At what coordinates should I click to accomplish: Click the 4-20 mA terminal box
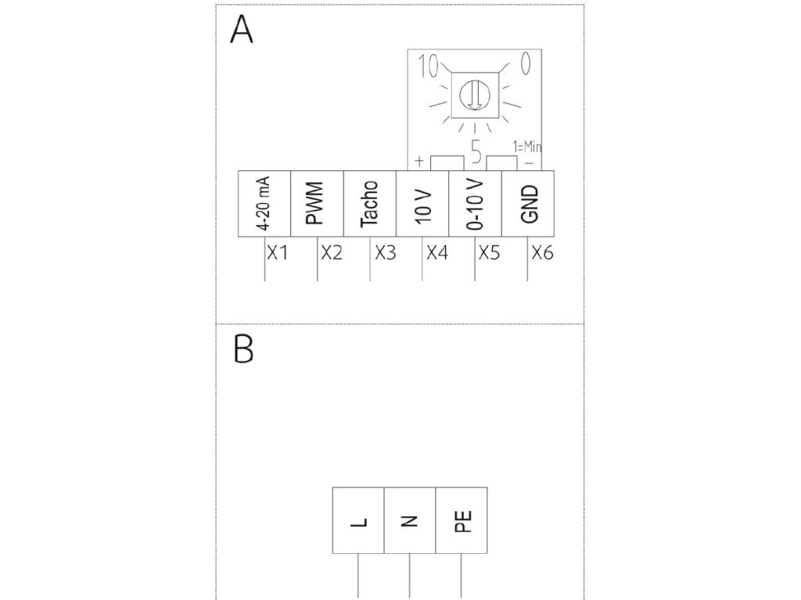point(264,202)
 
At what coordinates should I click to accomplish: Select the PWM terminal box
point(317,202)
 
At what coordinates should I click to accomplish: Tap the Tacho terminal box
point(370,202)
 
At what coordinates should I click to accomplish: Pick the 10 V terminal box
point(422,202)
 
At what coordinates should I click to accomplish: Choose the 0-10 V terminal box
point(475,202)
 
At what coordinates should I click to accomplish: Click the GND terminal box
point(528,202)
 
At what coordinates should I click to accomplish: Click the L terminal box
point(358,520)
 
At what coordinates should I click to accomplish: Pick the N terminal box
point(410,520)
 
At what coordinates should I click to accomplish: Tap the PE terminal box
point(462,520)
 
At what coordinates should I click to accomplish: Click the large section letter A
point(242,31)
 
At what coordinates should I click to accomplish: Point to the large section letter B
point(243,350)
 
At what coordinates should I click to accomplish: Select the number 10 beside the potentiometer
point(428,66)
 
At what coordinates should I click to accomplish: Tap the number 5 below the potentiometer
point(476,150)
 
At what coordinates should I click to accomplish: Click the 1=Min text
point(527,146)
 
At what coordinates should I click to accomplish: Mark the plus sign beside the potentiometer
point(418,162)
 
